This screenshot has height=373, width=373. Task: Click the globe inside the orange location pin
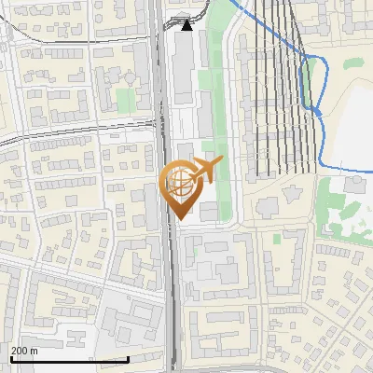(x=178, y=184)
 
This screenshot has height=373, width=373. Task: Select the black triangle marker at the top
(x=186, y=25)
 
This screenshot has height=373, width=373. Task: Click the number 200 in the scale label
(x=20, y=351)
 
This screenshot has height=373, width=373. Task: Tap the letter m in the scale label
(x=34, y=351)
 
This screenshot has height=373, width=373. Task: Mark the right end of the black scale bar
(x=128, y=359)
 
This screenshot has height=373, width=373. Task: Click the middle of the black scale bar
(x=69, y=359)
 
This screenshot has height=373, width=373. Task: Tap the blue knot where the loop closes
(x=316, y=110)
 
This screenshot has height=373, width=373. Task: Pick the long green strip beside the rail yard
(x=218, y=93)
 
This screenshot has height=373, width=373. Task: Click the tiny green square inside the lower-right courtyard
(x=277, y=238)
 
